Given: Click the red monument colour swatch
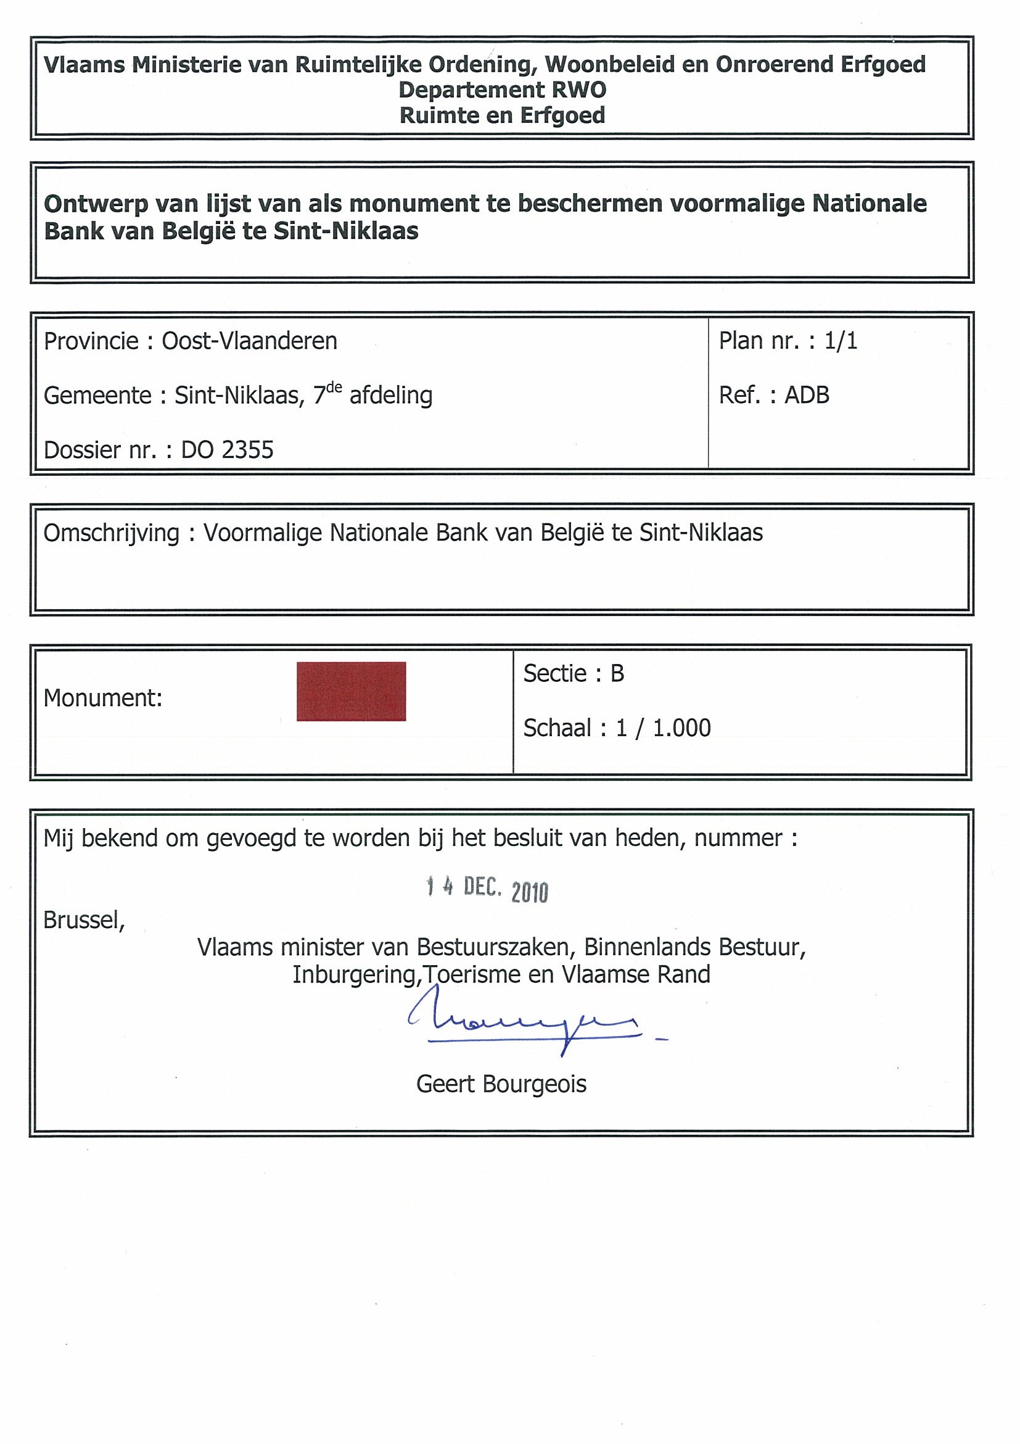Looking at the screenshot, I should (351, 691).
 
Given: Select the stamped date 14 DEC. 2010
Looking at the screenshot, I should (487, 889).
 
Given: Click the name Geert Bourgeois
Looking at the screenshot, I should (501, 1084).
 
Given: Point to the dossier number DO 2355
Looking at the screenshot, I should (228, 450).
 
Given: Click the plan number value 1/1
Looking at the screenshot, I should (841, 340).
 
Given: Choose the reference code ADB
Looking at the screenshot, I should (807, 395).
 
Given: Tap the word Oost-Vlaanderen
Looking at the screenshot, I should (250, 341).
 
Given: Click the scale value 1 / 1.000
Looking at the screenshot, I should (663, 728).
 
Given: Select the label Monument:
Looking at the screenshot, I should (103, 697).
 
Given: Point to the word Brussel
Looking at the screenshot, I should (84, 920).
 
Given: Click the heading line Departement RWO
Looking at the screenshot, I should (502, 90).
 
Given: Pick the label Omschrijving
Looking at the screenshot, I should (111, 533).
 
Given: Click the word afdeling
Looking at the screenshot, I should (391, 396).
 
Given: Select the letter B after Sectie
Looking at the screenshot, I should (617, 674).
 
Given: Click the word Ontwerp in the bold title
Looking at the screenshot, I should (96, 204).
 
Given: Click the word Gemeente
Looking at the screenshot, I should (97, 396).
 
